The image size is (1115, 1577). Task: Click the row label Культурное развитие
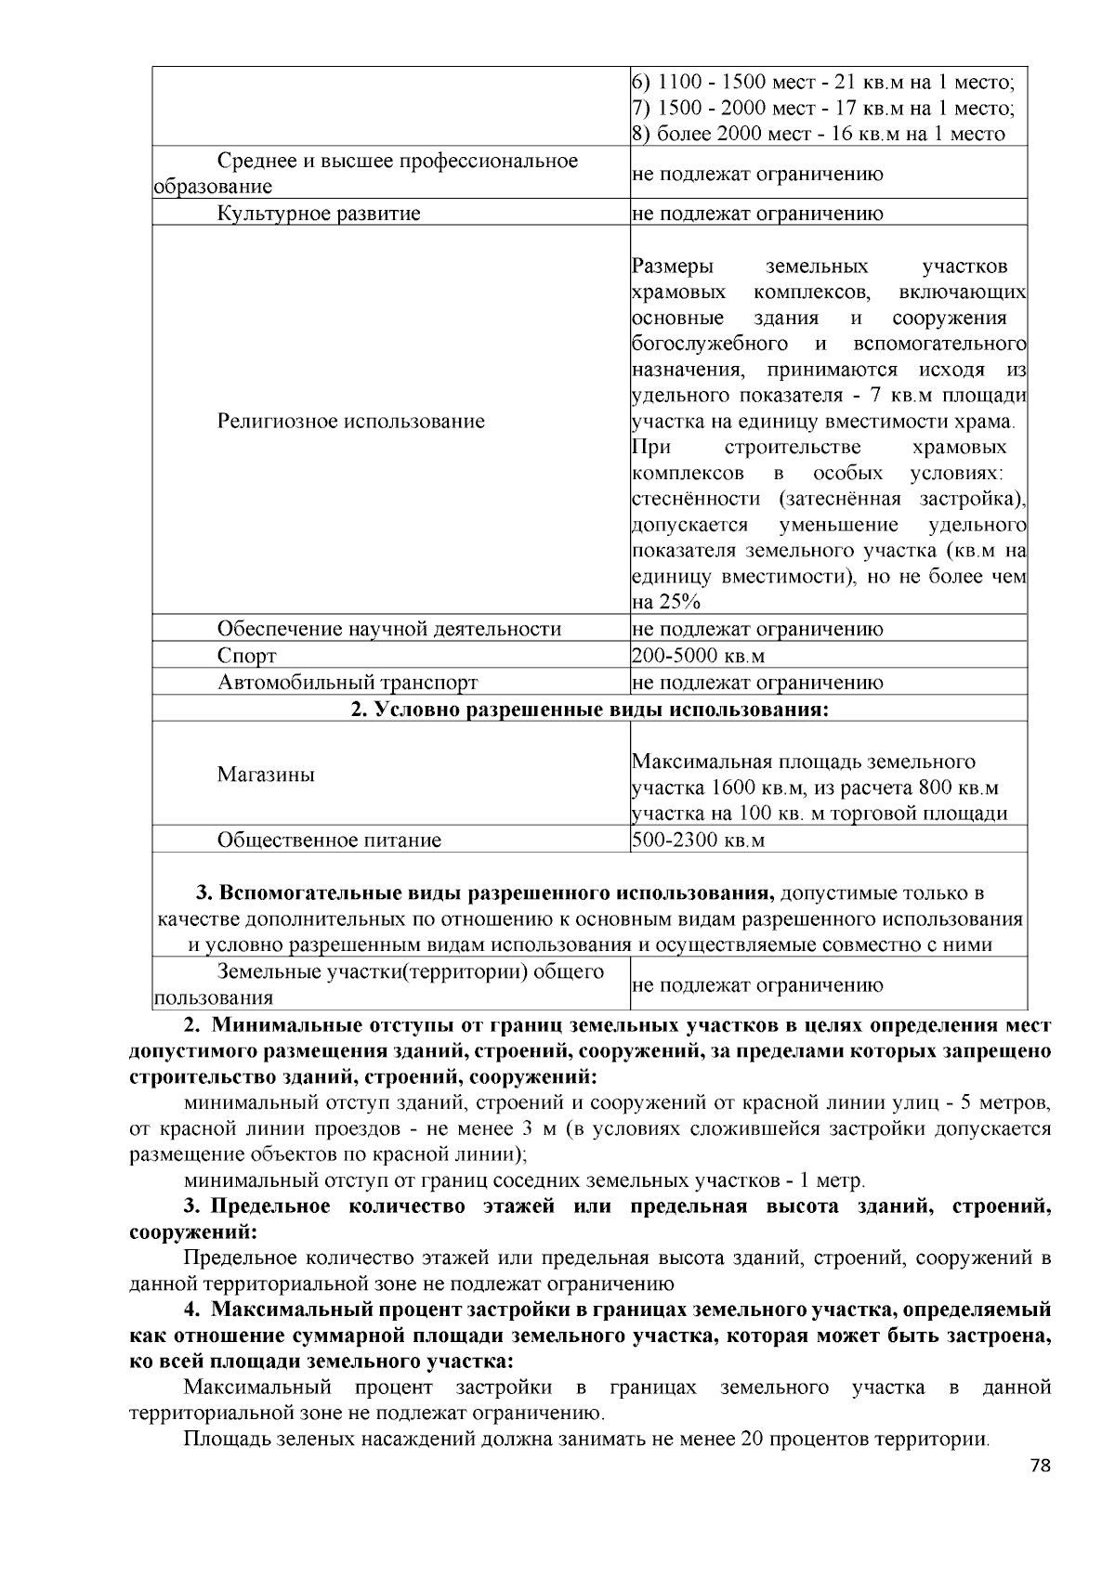click(x=319, y=214)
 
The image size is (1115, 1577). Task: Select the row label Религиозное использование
click(x=350, y=422)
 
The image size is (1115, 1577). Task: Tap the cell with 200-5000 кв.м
click(x=698, y=656)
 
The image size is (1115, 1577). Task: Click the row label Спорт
click(x=246, y=656)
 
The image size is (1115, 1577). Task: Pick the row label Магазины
click(x=266, y=775)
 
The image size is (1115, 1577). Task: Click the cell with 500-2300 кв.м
click(x=698, y=841)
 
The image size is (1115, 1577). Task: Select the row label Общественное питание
click(x=329, y=841)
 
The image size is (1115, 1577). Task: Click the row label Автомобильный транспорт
click(x=348, y=683)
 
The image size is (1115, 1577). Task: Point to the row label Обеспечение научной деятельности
click(x=388, y=629)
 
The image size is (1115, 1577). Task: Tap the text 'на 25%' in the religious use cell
click(x=666, y=602)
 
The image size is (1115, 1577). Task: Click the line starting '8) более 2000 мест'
click(x=818, y=134)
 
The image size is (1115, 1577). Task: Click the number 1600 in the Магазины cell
click(x=735, y=788)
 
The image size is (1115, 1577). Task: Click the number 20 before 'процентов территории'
click(x=753, y=1440)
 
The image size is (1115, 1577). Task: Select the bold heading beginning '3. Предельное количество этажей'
click(x=589, y=1207)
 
